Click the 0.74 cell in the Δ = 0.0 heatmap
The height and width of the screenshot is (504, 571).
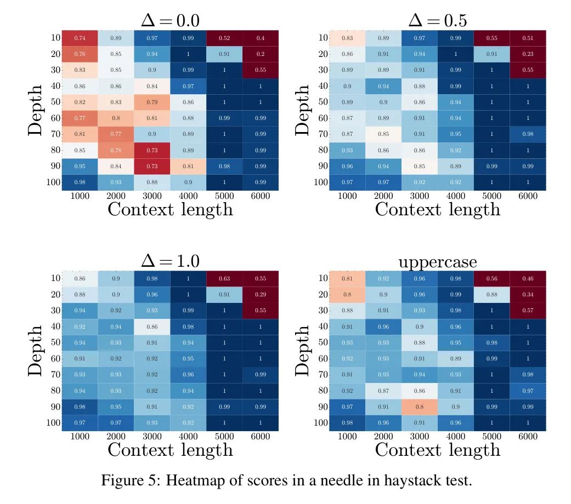pos(80,38)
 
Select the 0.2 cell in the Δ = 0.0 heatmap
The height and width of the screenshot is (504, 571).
pos(260,54)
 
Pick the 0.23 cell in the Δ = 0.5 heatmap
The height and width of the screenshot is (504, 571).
pos(528,54)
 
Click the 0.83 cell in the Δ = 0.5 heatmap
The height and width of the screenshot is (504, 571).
pos(347,38)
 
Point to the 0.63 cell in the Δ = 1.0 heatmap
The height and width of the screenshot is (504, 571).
pos(224,278)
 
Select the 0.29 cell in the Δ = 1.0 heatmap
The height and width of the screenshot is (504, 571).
pos(260,294)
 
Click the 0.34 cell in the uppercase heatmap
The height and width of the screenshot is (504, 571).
pos(528,294)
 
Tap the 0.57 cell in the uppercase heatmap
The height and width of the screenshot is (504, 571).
pos(528,310)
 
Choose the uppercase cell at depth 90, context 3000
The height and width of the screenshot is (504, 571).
pos(420,406)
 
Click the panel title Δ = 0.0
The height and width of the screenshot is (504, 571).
pos(170,20)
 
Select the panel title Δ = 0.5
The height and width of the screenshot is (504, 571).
pos(437,20)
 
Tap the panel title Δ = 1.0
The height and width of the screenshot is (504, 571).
pos(170,261)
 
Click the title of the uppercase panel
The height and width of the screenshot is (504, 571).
pos(437,262)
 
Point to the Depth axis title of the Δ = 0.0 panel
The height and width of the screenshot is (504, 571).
pos(35,110)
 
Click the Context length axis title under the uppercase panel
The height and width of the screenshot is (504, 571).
pos(437,450)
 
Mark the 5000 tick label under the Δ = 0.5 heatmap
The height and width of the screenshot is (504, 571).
pos(491,196)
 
